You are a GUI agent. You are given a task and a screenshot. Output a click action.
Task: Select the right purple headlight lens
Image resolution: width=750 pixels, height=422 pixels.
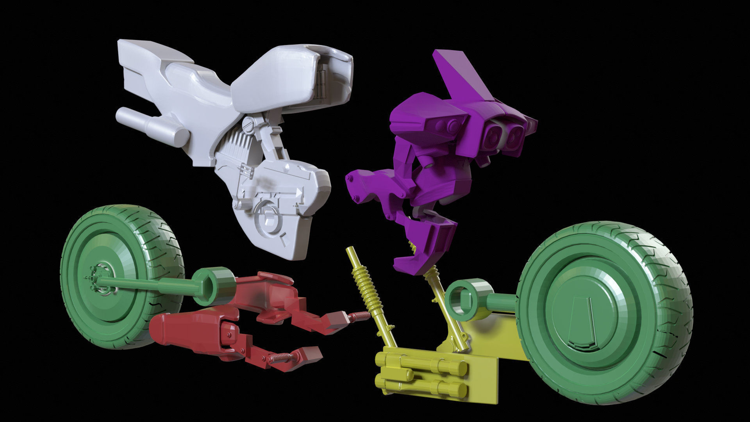pos(515,134)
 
